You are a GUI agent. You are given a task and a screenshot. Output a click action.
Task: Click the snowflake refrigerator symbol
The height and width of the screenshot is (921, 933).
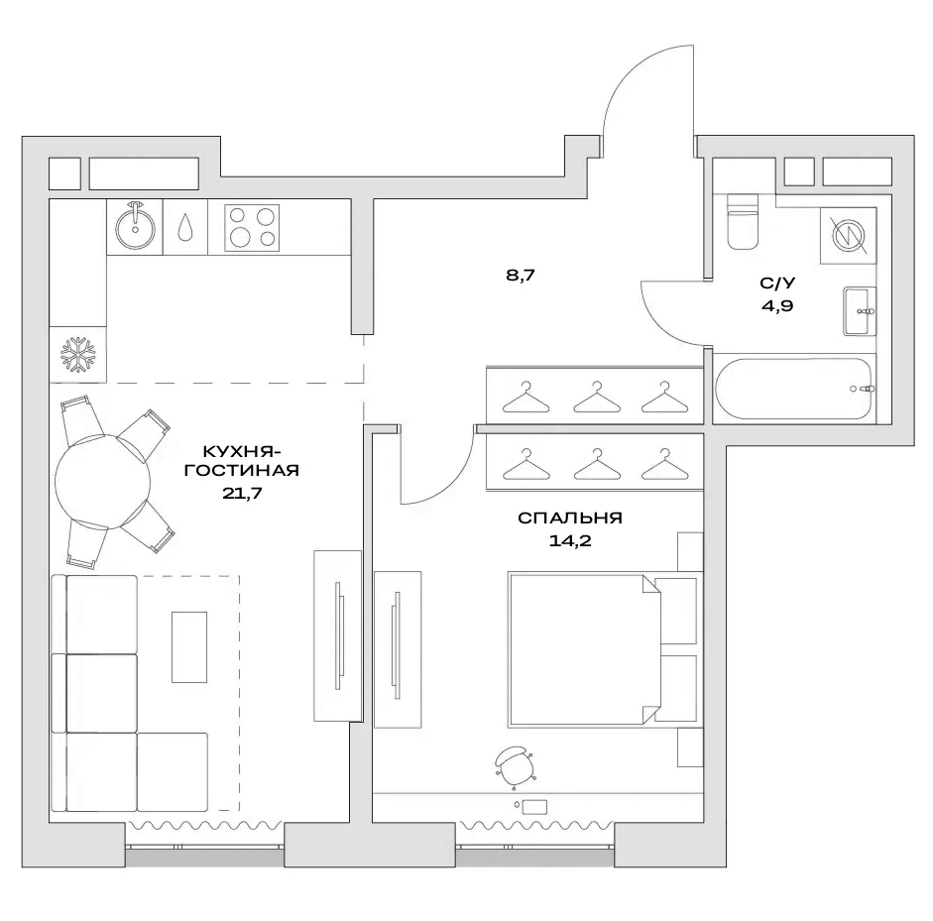click(77, 354)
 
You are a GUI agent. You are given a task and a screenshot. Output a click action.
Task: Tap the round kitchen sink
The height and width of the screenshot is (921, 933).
click(135, 227)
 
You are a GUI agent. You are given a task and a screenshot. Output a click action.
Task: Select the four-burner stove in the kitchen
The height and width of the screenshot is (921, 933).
click(252, 227)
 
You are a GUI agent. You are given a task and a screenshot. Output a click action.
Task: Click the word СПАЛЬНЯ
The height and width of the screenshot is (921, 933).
click(569, 518)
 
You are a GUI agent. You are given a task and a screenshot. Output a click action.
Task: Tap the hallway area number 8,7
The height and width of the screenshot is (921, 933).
click(521, 277)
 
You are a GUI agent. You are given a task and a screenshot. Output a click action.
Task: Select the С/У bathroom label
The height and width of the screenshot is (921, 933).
click(776, 284)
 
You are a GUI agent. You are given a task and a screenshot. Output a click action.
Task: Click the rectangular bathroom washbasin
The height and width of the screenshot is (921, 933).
click(860, 311)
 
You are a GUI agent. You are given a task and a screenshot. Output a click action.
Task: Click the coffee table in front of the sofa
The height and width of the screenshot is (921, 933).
click(189, 646)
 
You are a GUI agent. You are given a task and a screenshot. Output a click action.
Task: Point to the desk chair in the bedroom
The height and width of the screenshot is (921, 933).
click(513, 764)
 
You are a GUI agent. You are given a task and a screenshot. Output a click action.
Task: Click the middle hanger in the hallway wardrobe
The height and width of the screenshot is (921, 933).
click(593, 397)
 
